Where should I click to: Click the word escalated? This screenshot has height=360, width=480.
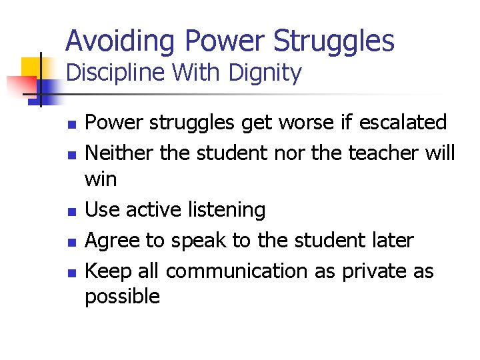403,122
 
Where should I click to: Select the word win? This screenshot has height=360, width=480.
101,179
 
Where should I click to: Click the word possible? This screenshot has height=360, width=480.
122,297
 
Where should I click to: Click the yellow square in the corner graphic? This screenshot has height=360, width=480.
31,69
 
